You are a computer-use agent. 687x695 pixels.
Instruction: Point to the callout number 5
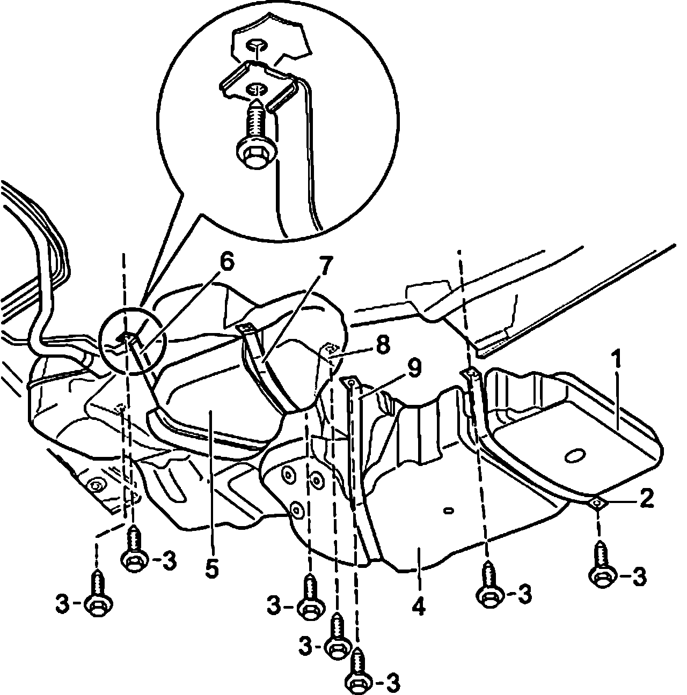212,568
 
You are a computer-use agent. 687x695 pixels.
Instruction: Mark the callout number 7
326,265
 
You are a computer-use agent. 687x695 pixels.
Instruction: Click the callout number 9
413,368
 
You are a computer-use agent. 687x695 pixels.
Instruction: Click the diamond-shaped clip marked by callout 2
596,502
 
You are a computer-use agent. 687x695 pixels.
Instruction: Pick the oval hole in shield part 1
574,455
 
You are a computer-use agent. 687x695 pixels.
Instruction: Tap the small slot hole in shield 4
448,510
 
